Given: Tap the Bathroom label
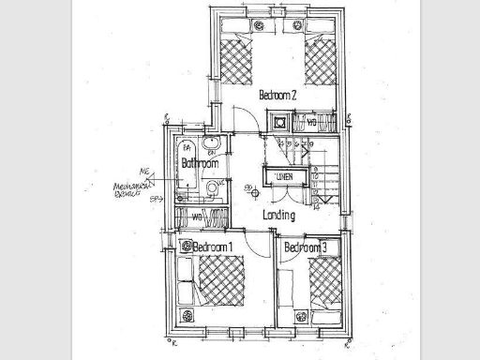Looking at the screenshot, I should pos(200,163).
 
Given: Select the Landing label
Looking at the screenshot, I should pos(279,216).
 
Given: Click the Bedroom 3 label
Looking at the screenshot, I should pos(306,247).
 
